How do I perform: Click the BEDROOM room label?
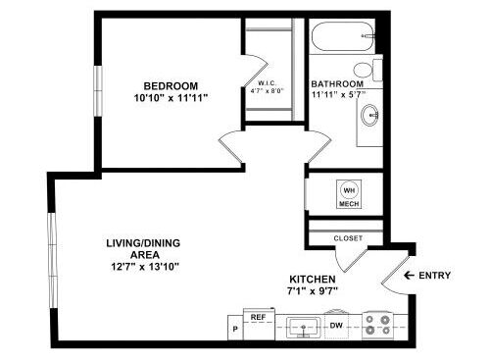pyautogui.click(x=171, y=84)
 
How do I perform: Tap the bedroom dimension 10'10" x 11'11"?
pyautogui.click(x=171, y=98)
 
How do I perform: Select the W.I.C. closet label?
pyautogui.click(x=270, y=83)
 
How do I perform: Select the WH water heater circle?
pyautogui.click(x=349, y=189)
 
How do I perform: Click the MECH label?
pyautogui.click(x=349, y=205)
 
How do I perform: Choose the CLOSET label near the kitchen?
pyautogui.click(x=348, y=237)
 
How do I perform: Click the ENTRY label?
pyautogui.click(x=434, y=276)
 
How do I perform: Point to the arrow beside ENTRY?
pyautogui.click(x=411, y=276)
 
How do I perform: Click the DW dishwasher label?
pyautogui.click(x=335, y=325)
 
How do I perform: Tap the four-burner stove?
pyautogui.click(x=378, y=324)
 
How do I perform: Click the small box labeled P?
pyautogui.click(x=235, y=327)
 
